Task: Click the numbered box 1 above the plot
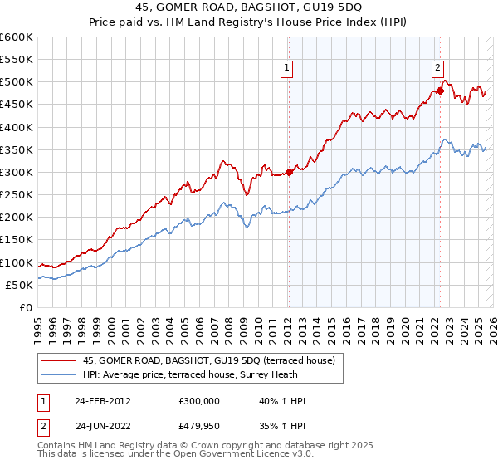pos(286,69)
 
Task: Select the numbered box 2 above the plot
pos(437,69)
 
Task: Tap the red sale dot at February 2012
pos(289,172)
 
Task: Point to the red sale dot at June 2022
pos(441,91)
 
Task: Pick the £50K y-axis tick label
pos(19,285)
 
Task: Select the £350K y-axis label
pos(17,149)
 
